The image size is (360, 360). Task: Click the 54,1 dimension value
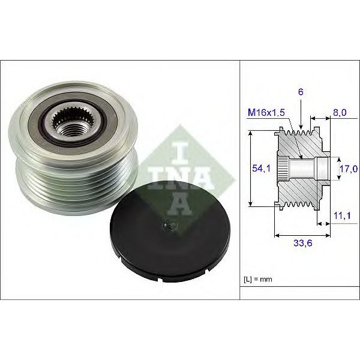pos(261,169)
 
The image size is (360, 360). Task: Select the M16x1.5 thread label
pos(266,113)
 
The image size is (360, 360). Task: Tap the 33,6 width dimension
pos(303,243)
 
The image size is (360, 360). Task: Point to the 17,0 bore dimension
pos(349,169)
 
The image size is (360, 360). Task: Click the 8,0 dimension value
pos(340,113)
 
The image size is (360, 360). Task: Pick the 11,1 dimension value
pos(342,215)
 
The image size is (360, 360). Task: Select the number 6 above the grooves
pos(301,92)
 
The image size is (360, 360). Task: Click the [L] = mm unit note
pos(258,279)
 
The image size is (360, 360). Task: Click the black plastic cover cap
pos(170,232)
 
